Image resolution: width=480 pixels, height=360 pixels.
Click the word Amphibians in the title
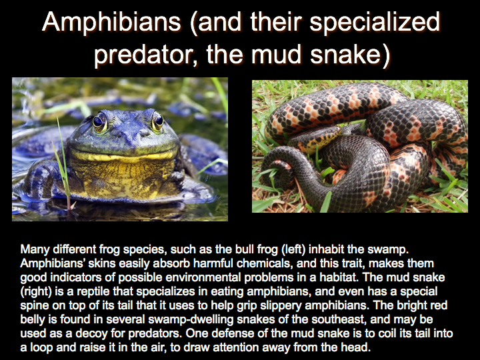[111, 22]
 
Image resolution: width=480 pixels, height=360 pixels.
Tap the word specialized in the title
[375, 23]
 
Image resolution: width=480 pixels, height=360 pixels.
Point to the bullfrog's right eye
[157, 121]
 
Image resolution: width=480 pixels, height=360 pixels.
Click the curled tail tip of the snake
[277, 171]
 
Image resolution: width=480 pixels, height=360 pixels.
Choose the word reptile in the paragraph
[93, 292]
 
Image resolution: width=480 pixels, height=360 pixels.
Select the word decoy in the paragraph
[91, 334]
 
